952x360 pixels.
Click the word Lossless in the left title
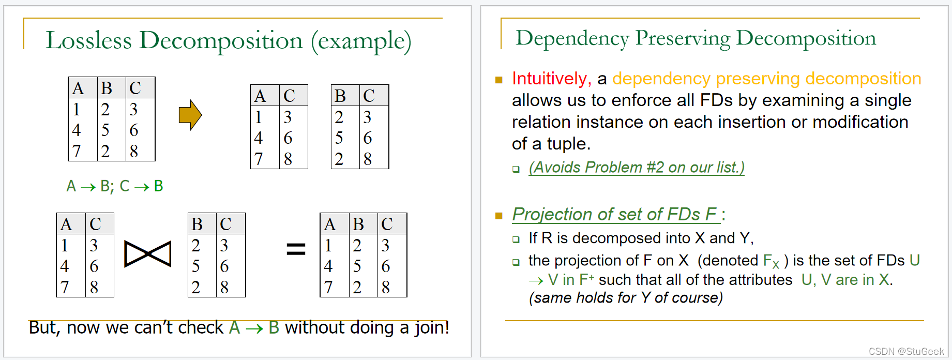[x=88, y=41]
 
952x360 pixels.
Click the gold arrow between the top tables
[x=190, y=115]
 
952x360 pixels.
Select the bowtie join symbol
[x=148, y=254]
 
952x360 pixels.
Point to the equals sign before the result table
[x=296, y=250]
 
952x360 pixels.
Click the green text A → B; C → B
[x=115, y=186]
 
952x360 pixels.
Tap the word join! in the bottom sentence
[x=431, y=328]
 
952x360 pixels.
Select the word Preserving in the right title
[x=683, y=39]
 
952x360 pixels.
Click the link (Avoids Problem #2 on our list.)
[x=636, y=168]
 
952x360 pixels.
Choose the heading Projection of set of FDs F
[x=614, y=214]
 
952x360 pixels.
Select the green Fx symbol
[x=771, y=261]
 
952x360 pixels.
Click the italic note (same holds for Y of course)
[x=626, y=298]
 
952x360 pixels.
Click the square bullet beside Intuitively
[x=499, y=80]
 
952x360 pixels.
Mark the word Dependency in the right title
[x=572, y=39]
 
